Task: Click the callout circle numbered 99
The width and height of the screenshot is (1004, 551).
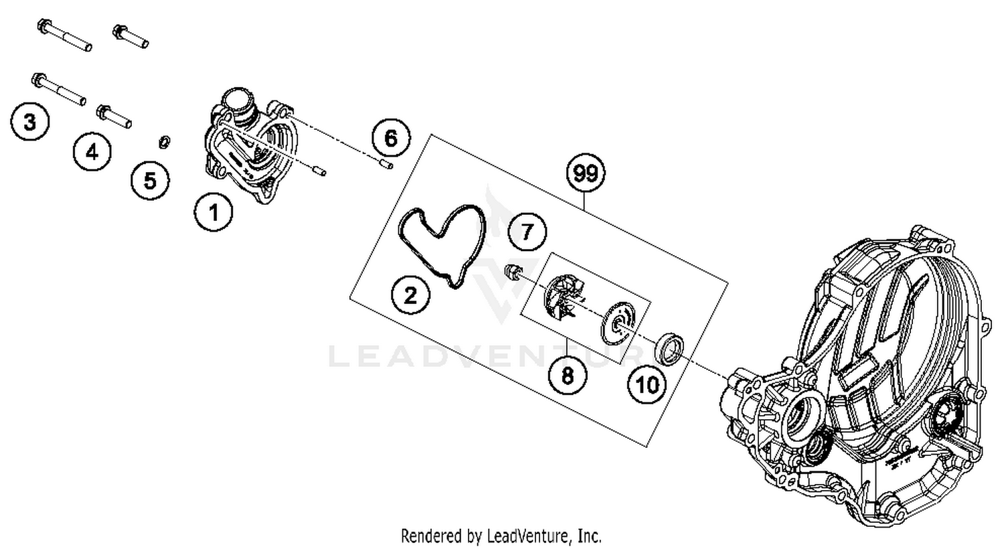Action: pos(586,173)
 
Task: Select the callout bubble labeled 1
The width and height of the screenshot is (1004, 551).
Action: pos(214,213)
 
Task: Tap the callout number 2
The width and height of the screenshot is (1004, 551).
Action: pos(410,295)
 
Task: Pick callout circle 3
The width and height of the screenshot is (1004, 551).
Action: pos(29,123)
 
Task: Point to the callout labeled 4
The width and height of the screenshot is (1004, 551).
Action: pos(92,152)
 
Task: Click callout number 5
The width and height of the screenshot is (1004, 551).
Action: pos(150,180)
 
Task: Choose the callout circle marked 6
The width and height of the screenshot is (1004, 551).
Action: pos(390,139)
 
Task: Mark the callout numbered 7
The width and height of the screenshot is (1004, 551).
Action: pos(527,232)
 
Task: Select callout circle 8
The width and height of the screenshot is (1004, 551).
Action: pos(567,375)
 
